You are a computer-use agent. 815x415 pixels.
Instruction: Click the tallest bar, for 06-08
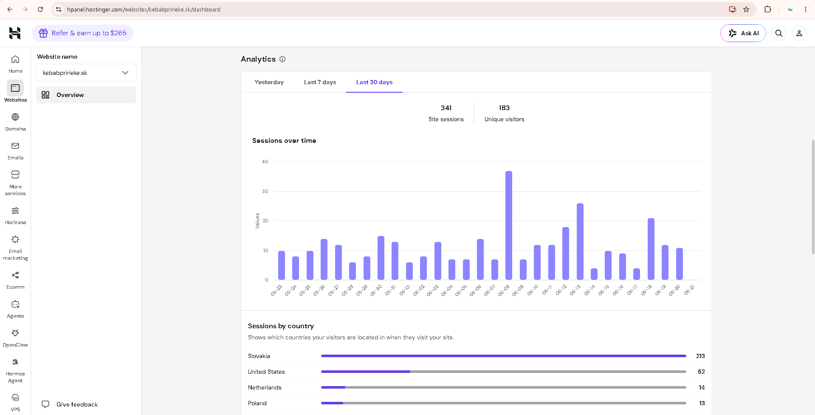[508, 225]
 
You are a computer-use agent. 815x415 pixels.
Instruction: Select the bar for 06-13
[580, 242]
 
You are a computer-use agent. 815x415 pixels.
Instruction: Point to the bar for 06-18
[651, 249]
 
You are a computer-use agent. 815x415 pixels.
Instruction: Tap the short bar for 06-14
[594, 274]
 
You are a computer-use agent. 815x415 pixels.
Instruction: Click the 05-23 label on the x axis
[276, 290]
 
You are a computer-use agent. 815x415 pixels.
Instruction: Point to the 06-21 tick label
[689, 290]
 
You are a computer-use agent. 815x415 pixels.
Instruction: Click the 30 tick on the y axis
[265, 191]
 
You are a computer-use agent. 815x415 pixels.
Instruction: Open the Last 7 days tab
[320, 82]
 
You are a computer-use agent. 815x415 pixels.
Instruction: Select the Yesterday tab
[269, 82]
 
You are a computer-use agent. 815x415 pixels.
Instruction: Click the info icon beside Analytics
[282, 59]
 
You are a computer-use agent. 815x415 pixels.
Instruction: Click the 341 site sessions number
[446, 108]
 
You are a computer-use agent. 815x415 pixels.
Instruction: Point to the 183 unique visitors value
[504, 108]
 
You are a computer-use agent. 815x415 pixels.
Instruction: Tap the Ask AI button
[743, 33]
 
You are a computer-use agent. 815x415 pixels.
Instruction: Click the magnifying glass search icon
[778, 33]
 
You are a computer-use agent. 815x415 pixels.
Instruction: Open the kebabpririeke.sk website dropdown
[86, 73]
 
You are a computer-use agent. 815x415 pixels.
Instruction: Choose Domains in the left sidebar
[15, 122]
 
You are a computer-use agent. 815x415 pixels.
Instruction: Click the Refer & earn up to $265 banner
[82, 33]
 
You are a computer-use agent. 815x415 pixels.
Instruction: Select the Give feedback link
[70, 404]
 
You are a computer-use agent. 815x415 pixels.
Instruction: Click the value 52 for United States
[701, 372]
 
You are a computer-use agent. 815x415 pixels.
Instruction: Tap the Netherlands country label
[265, 387]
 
